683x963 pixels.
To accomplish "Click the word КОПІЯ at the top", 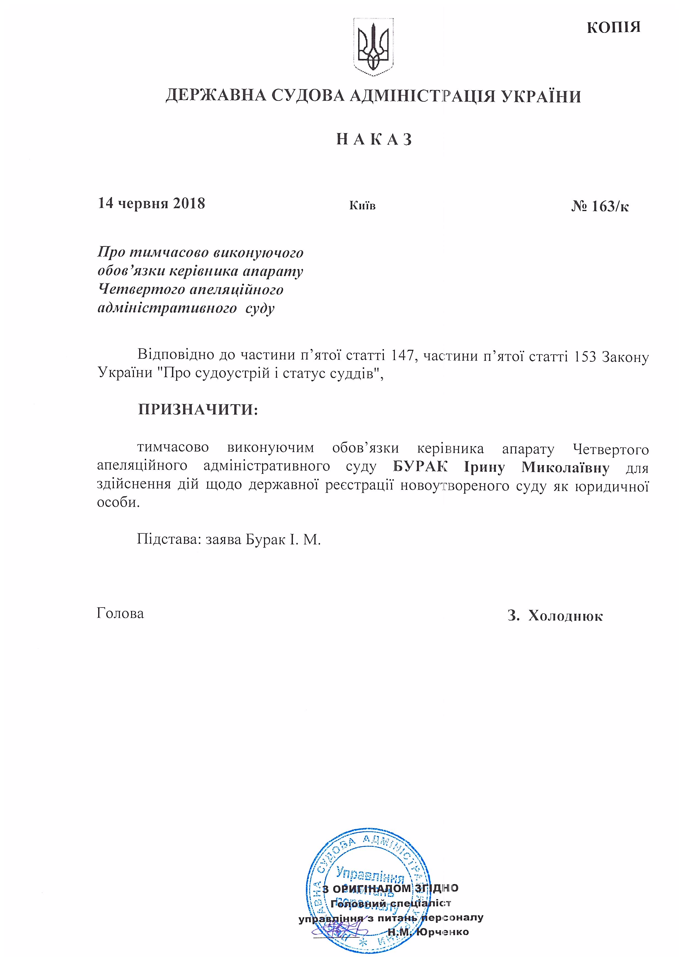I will (x=613, y=27).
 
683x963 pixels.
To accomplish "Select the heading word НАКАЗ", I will (x=374, y=139).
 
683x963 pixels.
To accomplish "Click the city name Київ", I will (x=362, y=206).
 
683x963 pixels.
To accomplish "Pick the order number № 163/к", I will (x=600, y=206).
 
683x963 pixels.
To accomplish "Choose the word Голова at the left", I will (x=120, y=613).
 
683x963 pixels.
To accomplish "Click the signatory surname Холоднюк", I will (x=565, y=616).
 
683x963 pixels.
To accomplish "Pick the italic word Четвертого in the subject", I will (x=141, y=290).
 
